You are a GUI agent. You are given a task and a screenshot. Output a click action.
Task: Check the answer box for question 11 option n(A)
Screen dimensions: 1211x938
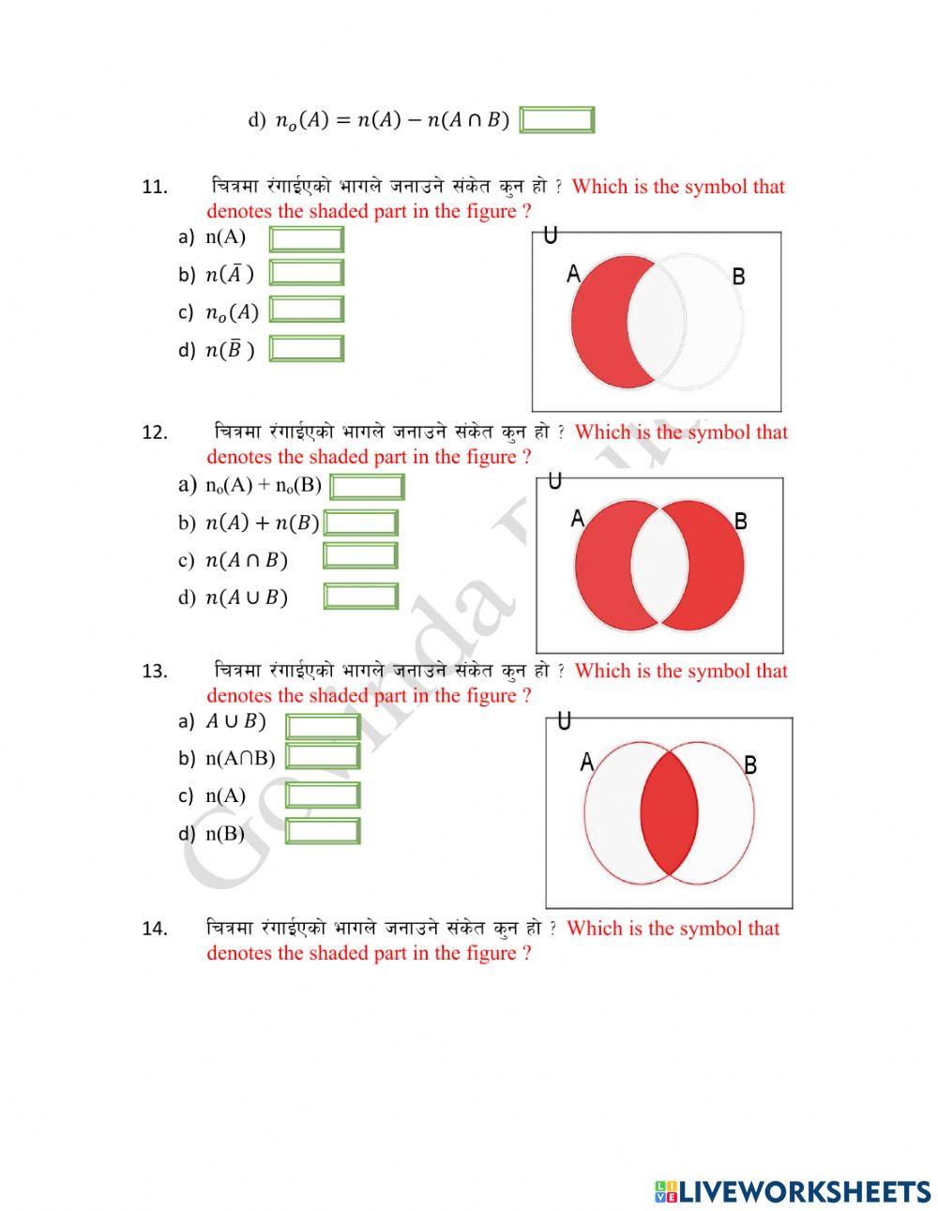point(306,238)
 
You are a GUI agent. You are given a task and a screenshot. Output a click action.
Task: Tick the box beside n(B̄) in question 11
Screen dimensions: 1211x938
point(306,349)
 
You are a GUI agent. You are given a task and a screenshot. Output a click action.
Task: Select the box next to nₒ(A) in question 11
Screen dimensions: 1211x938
point(306,310)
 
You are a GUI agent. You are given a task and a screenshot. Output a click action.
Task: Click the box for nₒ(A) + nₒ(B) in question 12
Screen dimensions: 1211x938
point(367,487)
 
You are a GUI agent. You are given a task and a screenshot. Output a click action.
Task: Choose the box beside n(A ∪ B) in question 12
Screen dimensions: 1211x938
point(360,597)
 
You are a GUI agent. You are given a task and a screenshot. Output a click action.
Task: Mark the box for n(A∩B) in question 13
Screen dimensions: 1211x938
point(322,756)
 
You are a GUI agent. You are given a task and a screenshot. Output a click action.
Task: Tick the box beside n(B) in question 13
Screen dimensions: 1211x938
point(322,831)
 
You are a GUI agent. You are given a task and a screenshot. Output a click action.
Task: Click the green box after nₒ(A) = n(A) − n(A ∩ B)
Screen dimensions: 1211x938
point(556,120)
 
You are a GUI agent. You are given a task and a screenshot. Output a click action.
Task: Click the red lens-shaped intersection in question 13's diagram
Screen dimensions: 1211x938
point(669,812)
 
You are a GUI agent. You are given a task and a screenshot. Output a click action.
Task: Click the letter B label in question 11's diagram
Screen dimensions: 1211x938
point(738,277)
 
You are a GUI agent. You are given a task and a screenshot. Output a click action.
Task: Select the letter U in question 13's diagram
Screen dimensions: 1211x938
point(564,721)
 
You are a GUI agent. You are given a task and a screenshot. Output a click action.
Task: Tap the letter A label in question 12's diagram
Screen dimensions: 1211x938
point(577,518)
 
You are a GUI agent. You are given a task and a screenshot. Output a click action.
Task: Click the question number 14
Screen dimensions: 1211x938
point(155,929)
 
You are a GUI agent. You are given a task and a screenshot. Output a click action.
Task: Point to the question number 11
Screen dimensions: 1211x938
point(155,187)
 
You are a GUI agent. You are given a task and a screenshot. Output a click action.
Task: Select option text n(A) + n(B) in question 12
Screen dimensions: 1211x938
point(262,522)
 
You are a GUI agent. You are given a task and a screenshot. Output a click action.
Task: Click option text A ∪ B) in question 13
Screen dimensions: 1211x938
point(235,721)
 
